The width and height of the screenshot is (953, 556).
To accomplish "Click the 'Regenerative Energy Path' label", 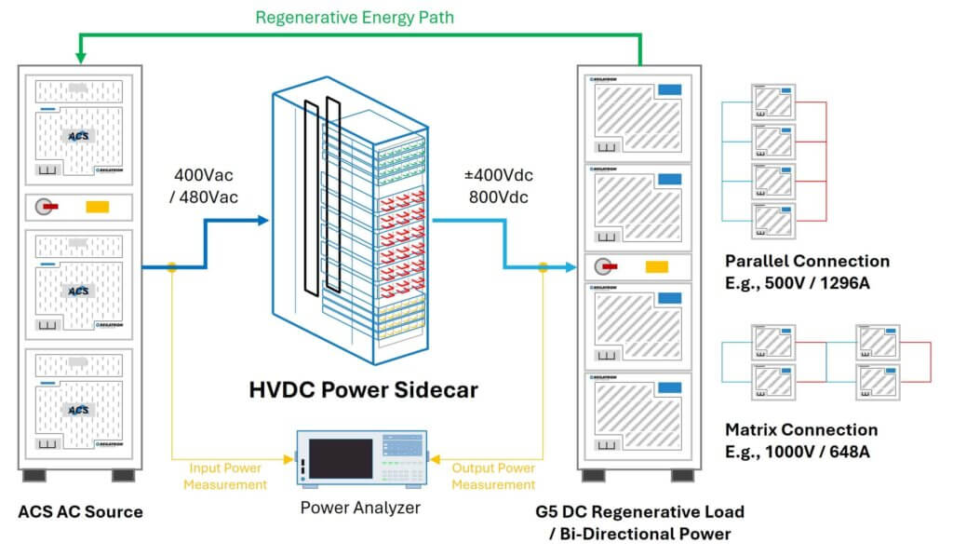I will [354, 17].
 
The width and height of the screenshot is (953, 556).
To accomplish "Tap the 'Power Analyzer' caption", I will [360, 508].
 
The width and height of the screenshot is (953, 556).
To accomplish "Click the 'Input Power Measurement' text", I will [225, 476].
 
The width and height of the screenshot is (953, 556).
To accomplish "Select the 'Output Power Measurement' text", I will [493, 476].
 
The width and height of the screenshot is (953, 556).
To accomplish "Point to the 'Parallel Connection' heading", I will [806, 261].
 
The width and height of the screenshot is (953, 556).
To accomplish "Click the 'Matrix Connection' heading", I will [800, 429].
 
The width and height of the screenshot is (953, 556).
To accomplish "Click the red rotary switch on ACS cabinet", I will [47, 207].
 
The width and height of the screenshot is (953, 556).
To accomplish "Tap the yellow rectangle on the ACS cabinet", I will [98, 208].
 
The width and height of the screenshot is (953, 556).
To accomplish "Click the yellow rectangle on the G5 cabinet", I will [657, 267].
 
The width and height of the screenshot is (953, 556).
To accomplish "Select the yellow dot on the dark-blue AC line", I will [171, 267].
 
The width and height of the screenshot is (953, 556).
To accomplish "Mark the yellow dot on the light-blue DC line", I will [543, 267].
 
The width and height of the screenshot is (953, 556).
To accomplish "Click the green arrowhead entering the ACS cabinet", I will [81, 57].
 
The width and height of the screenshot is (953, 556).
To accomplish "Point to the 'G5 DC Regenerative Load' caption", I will [639, 512].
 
